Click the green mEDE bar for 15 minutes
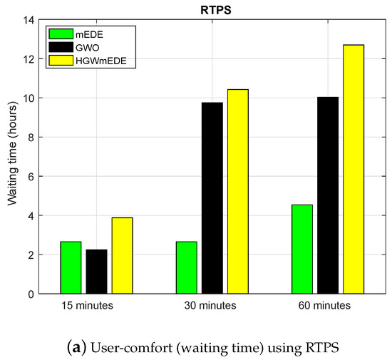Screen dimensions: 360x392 tap(71, 267)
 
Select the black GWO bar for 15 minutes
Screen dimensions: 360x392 tap(96, 272)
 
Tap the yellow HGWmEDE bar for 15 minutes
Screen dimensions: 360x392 tap(122, 255)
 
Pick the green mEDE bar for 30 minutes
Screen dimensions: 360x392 tap(187, 267)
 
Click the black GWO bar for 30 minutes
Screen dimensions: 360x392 tap(212, 198)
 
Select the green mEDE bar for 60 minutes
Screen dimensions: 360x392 tap(302, 249)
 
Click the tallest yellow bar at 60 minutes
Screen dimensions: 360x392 tap(354, 169)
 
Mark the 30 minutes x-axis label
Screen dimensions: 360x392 tap(212, 307)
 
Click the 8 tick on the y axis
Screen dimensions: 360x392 tap(32, 138)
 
